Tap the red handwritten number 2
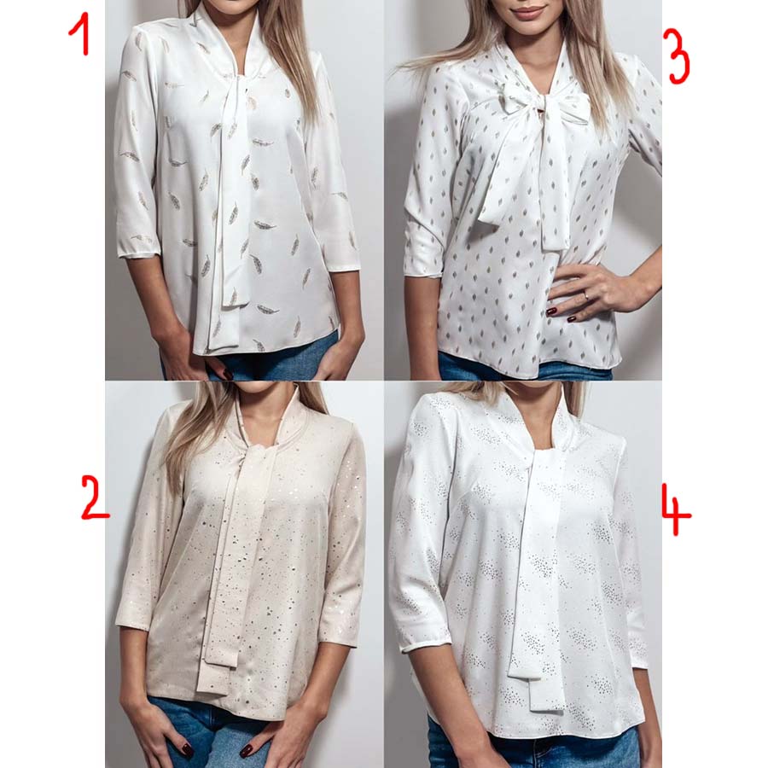coord(95,498)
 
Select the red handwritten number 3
coord(678,57)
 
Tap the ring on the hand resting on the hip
coord(588,296)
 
